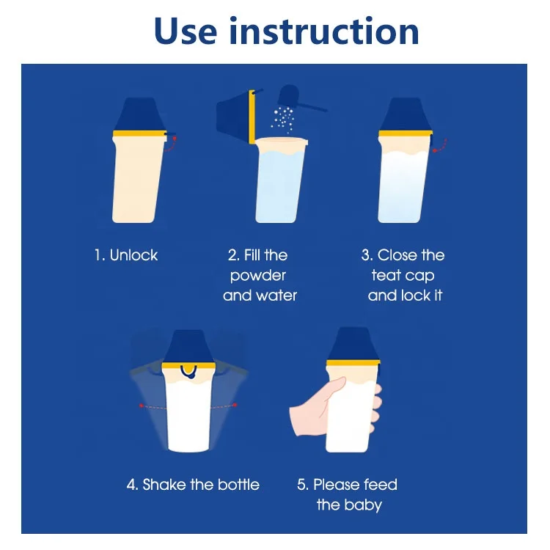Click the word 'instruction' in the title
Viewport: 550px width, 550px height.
[x=324, y=32]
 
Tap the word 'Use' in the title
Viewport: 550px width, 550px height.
[x=186, y=32]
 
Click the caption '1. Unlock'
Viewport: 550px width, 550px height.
[x=126, y=255]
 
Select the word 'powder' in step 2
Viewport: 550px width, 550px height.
[x=258, y=276]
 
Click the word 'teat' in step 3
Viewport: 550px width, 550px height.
[x=386, y=275]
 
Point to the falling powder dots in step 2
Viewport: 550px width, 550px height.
[x=283, y=120]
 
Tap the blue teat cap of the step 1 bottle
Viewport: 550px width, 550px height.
[x=140, y=114]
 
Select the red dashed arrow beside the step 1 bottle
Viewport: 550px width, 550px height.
[x=172, y=144]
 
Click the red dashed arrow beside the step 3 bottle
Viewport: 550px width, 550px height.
[x=441, y=146]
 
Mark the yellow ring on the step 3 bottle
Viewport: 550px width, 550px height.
[x=406, y=133]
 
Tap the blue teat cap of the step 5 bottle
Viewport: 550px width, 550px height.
[x=353, y=345]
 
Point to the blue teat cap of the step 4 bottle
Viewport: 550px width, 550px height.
[x=188, y=347]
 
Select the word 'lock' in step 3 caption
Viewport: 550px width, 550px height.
[x=416, y=296]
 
